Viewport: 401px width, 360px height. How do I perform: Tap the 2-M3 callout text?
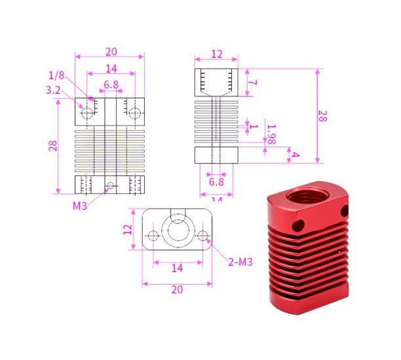[240, 262]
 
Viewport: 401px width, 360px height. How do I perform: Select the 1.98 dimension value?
[271, 134]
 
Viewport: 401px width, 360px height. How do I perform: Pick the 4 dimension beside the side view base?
[296, 155]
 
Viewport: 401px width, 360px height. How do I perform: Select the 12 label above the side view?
[216, 54]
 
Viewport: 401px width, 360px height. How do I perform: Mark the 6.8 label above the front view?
[111, 84]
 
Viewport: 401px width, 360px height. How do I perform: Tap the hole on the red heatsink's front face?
[300, 225]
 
